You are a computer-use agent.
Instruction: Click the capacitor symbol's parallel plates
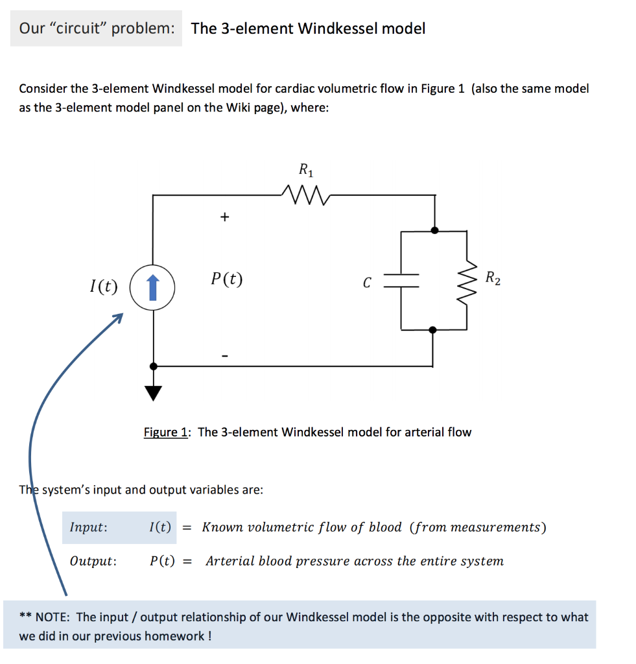pos(402,280)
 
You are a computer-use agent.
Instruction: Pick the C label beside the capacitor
pos(367,283)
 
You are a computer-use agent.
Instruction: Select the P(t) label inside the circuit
pos(227,279)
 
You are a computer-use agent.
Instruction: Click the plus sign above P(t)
pos(224,218)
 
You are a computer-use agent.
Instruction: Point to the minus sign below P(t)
pos(224,355)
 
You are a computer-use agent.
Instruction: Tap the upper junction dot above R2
pos(434,230)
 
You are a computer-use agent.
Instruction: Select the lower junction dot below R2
pos(434,330)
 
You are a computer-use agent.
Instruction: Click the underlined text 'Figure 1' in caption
pos(166,433)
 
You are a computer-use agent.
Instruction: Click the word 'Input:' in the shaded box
pos(89,527)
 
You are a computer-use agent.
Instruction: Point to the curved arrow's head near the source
pos(117,317)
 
